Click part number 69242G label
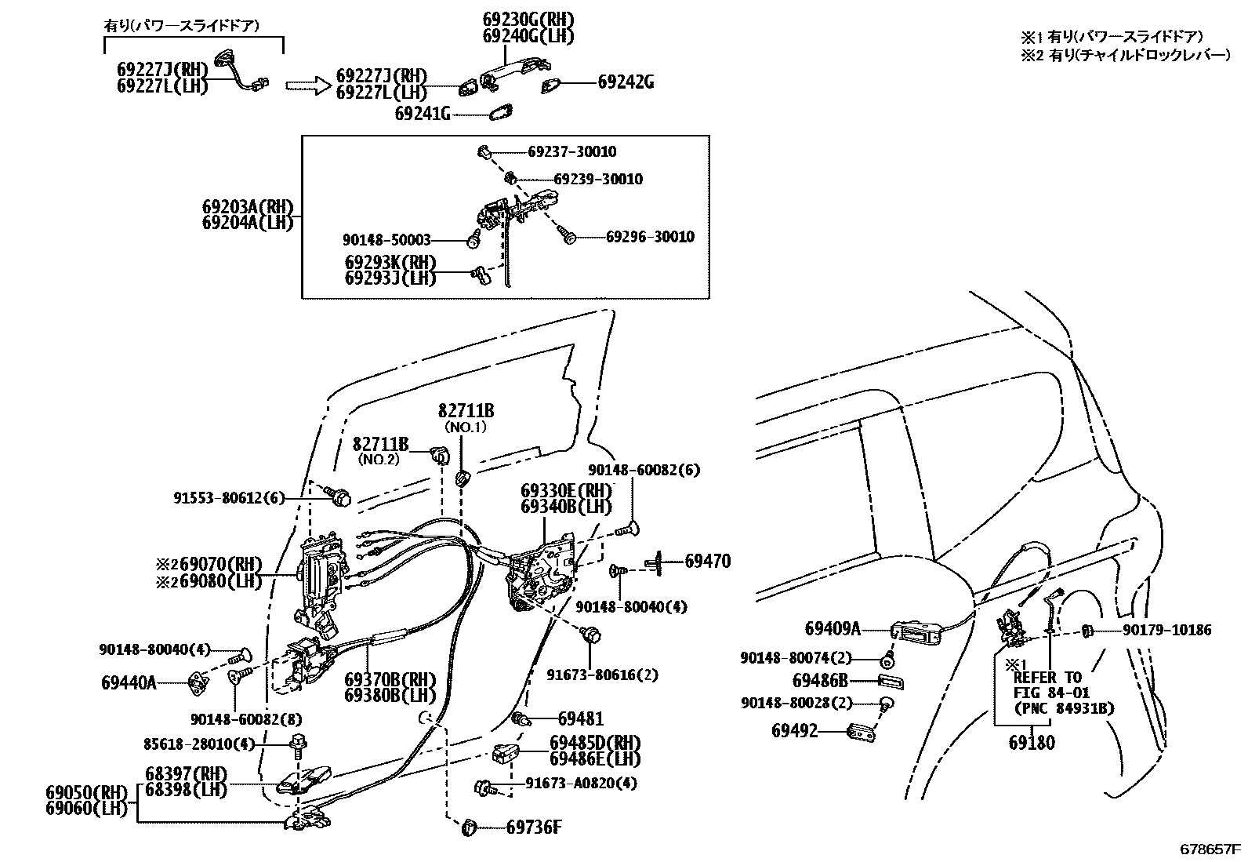point(626,82)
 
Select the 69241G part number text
point(423,115)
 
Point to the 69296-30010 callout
point(650,236)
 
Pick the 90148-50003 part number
point(386,240)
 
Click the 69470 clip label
point(707,561)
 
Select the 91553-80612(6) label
point(229,497)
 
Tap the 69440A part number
point(129,682)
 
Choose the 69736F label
point(534,827)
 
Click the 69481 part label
point(581,718)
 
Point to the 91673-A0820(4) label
point(581,783)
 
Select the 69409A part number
point(833,628)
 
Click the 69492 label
point(795,730)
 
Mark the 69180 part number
point(1032,742)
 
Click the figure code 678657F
point(1211,849)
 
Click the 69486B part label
point(820,681)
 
